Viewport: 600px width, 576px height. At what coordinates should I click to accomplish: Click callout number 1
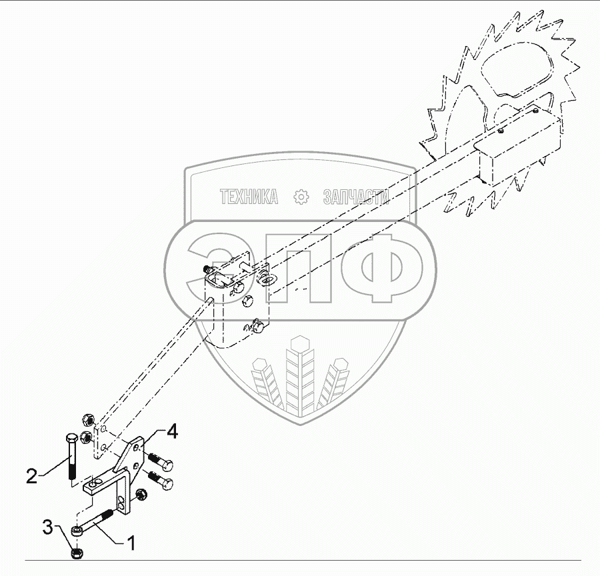click(131, 543)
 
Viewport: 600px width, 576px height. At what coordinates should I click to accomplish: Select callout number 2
click(31, 476)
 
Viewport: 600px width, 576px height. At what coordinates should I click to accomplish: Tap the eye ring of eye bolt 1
click(78, 531)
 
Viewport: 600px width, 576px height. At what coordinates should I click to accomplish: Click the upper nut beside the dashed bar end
click(86, 420)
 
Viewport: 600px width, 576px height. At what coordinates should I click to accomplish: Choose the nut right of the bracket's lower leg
click(141, 495)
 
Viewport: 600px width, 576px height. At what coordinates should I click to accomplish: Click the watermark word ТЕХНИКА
click(249, 197)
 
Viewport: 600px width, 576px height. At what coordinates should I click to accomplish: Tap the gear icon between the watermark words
click(302, 197)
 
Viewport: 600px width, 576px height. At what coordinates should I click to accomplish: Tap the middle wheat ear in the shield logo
click(297, 373)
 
